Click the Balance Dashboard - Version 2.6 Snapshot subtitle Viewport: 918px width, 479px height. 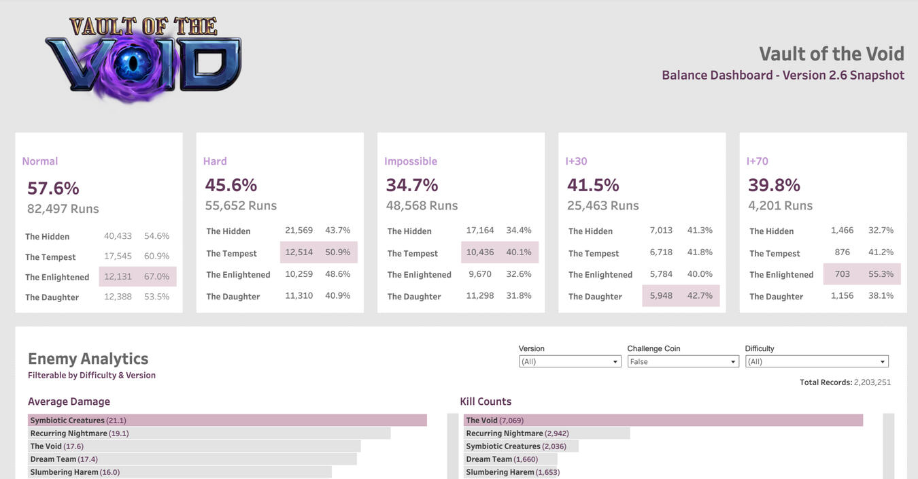coord(783,76)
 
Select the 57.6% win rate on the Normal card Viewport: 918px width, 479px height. coord(53,188)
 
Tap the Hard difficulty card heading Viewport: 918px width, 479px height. coord(215,161)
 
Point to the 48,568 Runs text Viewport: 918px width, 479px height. coord(422,205)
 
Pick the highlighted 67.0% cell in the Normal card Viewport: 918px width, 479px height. coord(157,277)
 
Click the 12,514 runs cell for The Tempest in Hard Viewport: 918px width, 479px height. coord(299,252)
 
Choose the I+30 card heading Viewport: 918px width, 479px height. coord(576,161)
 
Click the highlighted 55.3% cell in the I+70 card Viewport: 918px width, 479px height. coord(881,274)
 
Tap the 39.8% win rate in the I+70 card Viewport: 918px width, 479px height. coord(774,185)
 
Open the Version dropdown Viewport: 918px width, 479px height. coord(569,362)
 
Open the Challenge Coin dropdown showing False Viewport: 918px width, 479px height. coord(682,362)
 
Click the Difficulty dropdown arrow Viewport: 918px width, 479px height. coord(883,362)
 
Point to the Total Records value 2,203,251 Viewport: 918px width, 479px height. coord(872,382)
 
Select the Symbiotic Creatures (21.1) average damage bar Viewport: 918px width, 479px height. coord(226,420)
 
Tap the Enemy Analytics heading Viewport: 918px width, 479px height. coord(88,359)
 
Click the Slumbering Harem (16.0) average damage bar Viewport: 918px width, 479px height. coord(180,472)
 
